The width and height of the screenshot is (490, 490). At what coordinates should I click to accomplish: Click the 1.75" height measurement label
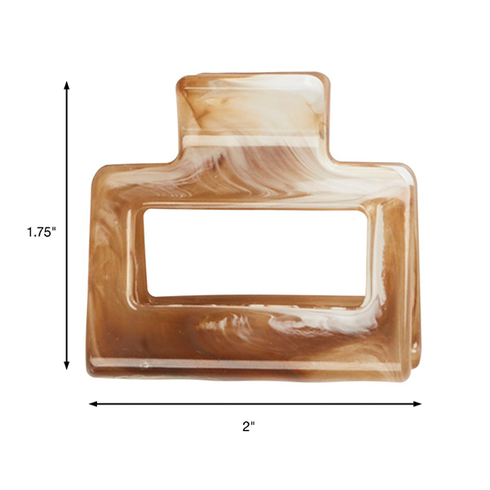tap(41, 233)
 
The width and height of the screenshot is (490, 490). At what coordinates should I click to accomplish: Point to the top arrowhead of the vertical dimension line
tap(68, 85)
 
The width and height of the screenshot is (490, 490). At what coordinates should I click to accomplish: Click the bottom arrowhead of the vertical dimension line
tap(68, 367)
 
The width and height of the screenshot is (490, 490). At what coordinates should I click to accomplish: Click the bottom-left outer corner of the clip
tap(91, 370)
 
